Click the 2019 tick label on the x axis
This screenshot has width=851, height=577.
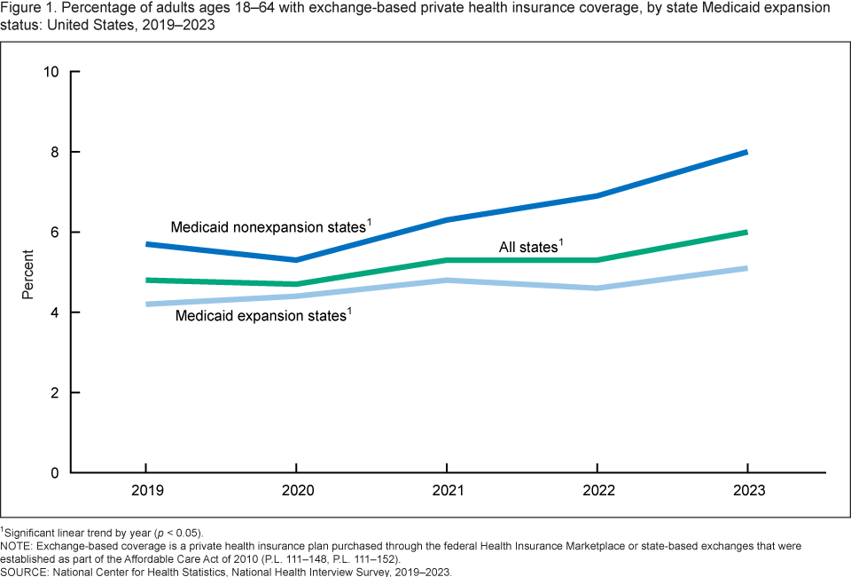tap(145, 490)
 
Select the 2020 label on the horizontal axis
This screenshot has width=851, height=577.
tap(296, 490)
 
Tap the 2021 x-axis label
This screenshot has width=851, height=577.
tap(446, 490)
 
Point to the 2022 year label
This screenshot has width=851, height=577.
tap(597, 490)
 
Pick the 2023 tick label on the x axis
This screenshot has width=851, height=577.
tap(747, 490)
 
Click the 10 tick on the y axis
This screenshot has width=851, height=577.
tap(51, 72)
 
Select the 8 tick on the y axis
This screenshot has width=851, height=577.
tap(55, 153)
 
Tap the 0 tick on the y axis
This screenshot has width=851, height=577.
tap(55, 473)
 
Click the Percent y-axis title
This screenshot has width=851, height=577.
tap(28, 273)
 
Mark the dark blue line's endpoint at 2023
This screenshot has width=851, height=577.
tap(747, 152)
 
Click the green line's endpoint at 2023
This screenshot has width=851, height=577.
tap(747, 233)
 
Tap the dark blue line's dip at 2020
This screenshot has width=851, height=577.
tap(296, 260)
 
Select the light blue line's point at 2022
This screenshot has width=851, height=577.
tap(597, 288)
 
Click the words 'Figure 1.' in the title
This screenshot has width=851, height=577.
tap(28, 8)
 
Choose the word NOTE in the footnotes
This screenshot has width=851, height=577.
tap(17, 547)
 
